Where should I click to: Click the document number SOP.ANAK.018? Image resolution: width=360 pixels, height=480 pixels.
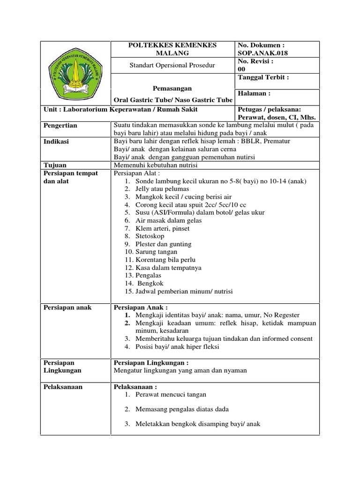click(x=263, y=53)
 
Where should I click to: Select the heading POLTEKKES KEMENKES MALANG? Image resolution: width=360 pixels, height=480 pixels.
click(x=172, y=49)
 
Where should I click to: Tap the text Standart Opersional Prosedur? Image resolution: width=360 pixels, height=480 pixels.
click(x=172, y=65)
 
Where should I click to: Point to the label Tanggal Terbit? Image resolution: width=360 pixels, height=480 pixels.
click(x=263, y=77)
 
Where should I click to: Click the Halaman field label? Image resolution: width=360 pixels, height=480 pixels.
click(x=255, y=94)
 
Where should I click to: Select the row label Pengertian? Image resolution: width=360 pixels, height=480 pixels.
click(x=60, y=126)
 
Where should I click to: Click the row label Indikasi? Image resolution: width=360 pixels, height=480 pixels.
click(x=56, y=142)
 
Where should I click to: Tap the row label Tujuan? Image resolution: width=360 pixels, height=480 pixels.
click(x=54, y=165)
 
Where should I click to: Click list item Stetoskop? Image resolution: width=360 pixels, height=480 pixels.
click(x=150, y=236)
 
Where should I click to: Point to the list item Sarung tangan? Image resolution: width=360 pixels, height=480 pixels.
click(x=156, y=252)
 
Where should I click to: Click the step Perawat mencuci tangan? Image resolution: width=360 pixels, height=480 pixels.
click(x=171, y=395)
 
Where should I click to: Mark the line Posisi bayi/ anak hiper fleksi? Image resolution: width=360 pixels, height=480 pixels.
click(x=177, y=347)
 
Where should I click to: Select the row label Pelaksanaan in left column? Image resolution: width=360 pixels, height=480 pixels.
click(x=62, y=387)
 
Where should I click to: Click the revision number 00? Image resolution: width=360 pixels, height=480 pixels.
click(x=242, y=69)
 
